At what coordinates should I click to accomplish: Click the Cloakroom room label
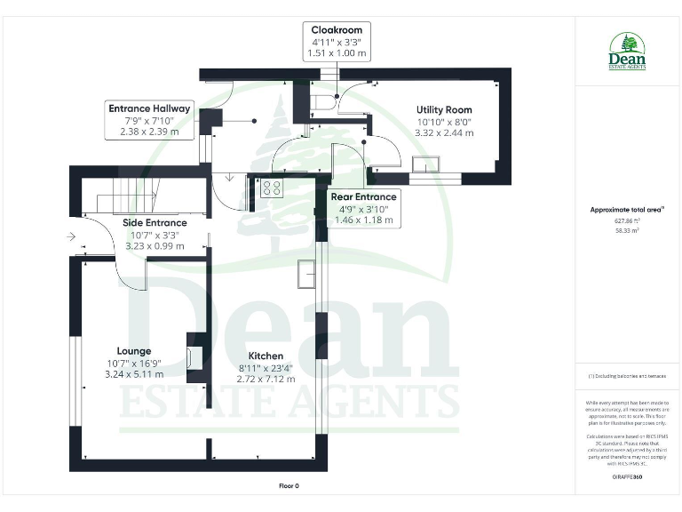337,30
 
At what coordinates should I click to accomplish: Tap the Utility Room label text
444,109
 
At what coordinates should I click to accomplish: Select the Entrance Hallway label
149,108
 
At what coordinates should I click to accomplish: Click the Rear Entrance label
362,196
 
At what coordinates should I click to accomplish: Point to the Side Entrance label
155,223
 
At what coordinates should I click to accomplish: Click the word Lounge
134,350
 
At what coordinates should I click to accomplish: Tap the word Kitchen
266,356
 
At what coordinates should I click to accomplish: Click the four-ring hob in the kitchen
271,188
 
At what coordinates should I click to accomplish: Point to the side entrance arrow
71,236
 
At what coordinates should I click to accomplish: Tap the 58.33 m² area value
628,229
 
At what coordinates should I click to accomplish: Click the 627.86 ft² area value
628,220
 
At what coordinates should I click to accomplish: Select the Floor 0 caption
289,486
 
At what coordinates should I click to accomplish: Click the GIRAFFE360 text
628,477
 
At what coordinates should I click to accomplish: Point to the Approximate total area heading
627,210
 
